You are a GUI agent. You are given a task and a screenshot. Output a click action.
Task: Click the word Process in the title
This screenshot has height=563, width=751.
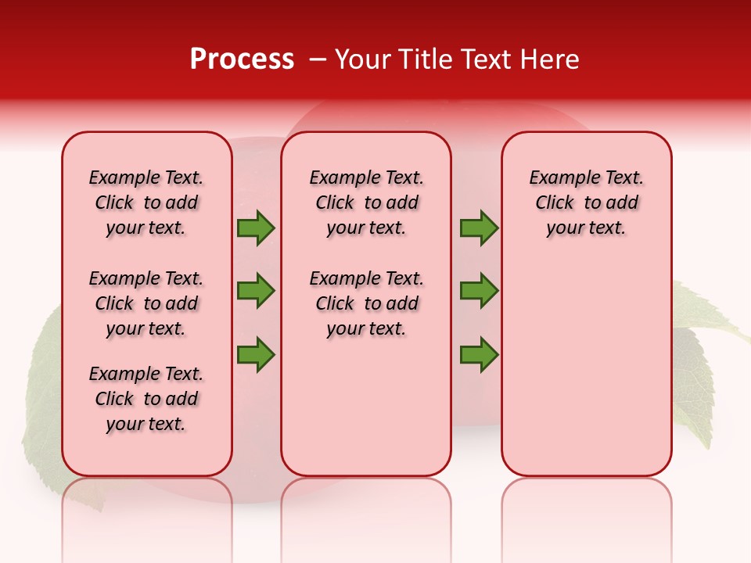pos(242,59)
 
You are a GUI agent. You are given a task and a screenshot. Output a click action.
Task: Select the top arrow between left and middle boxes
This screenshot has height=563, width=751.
pos(256,228)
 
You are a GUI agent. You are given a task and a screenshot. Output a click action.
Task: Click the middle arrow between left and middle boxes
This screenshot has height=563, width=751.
pos(256,291)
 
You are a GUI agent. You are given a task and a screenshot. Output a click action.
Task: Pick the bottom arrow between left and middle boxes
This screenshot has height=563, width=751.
pos(256,355)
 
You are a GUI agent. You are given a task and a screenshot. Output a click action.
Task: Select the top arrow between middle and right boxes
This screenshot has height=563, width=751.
pos(479,228)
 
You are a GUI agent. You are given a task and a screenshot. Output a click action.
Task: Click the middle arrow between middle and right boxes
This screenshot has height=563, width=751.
pos(479,291)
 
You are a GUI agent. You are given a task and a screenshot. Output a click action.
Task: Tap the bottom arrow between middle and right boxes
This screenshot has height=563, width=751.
pos(479,355)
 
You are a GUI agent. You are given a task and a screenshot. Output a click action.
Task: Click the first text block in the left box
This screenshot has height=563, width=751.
pos(146,203)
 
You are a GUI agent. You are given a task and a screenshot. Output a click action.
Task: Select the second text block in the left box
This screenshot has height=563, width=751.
pos(146,303)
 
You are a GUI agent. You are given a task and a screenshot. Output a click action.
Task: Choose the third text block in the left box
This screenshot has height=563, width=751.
pos(146,399)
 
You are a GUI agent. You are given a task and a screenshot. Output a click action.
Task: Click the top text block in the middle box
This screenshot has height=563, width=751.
pos(366,203)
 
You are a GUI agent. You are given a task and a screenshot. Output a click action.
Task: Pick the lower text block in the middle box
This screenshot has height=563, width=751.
pos(366,303)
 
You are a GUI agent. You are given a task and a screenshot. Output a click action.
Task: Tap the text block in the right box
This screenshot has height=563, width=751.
pos(586,203)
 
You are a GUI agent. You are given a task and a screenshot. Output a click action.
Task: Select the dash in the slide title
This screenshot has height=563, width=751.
pos(318,59)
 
